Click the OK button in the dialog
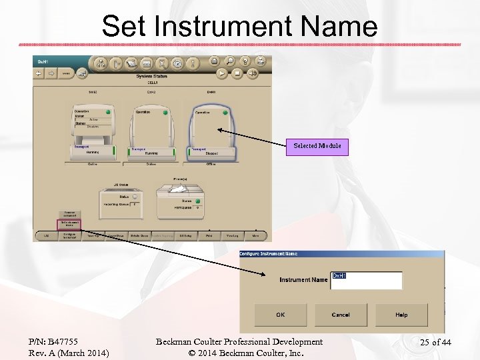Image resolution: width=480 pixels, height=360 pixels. (x=281, y=315)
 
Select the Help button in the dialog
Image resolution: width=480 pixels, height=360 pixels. (x=401, y=315)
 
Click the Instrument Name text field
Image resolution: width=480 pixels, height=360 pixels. (x=366, y=280)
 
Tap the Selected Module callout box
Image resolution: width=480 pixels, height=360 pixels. (x=317, y=147)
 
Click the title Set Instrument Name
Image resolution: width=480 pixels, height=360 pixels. (x=240, y=27)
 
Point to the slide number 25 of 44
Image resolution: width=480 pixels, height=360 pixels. (x=435, y=343)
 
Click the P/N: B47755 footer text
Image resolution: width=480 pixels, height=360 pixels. (x=53, y=342)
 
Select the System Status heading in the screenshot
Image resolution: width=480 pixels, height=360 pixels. (x=152, y=77)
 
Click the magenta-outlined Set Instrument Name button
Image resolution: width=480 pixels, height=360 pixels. (x=69, y=224)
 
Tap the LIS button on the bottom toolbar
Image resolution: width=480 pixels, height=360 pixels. (x=46, y=235)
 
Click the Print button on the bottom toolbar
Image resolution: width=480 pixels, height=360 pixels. (x=209, y=235)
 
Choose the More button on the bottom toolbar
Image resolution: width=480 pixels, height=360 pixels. (x=255, y=235)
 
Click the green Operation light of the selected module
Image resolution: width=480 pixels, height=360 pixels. (x=225, y=112)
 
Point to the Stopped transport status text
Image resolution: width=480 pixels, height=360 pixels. (x=211, y=153)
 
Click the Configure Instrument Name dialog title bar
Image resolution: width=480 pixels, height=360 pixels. (x=341, y=254)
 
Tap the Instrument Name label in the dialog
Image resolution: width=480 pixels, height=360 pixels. (x=303, y=280)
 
